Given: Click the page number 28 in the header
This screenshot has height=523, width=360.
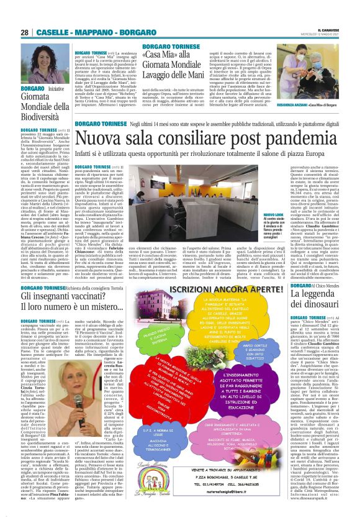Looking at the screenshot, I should pos(25,32).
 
